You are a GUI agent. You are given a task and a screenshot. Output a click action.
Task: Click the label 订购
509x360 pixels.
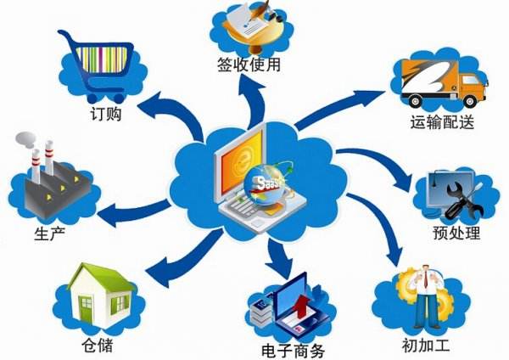coord(105,114)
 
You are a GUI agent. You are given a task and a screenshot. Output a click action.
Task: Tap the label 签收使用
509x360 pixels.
coord(249,64)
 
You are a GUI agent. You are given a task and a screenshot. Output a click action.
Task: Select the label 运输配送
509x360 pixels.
coord(441,122)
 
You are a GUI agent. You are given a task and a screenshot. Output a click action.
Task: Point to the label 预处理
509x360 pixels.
coord(456,233)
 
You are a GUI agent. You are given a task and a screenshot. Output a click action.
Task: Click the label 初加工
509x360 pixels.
coord(425,345)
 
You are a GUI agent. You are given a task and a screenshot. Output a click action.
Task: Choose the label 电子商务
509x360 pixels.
coord(294,351)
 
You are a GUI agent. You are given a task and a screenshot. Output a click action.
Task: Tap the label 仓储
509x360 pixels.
coord(98,345)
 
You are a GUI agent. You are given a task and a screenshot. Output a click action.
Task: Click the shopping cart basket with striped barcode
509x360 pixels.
coord(103,59)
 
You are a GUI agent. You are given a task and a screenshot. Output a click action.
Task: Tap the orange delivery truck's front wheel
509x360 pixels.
coord(470,101)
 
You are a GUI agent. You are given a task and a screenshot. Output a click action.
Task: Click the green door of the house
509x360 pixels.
coord(87,309)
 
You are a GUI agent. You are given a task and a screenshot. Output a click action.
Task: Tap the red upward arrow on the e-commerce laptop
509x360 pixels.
coord(301,306)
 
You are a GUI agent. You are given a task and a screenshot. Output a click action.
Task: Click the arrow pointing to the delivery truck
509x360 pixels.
coord(339,110)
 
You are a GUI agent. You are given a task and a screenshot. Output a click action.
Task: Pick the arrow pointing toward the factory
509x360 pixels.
coord(134,213)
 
